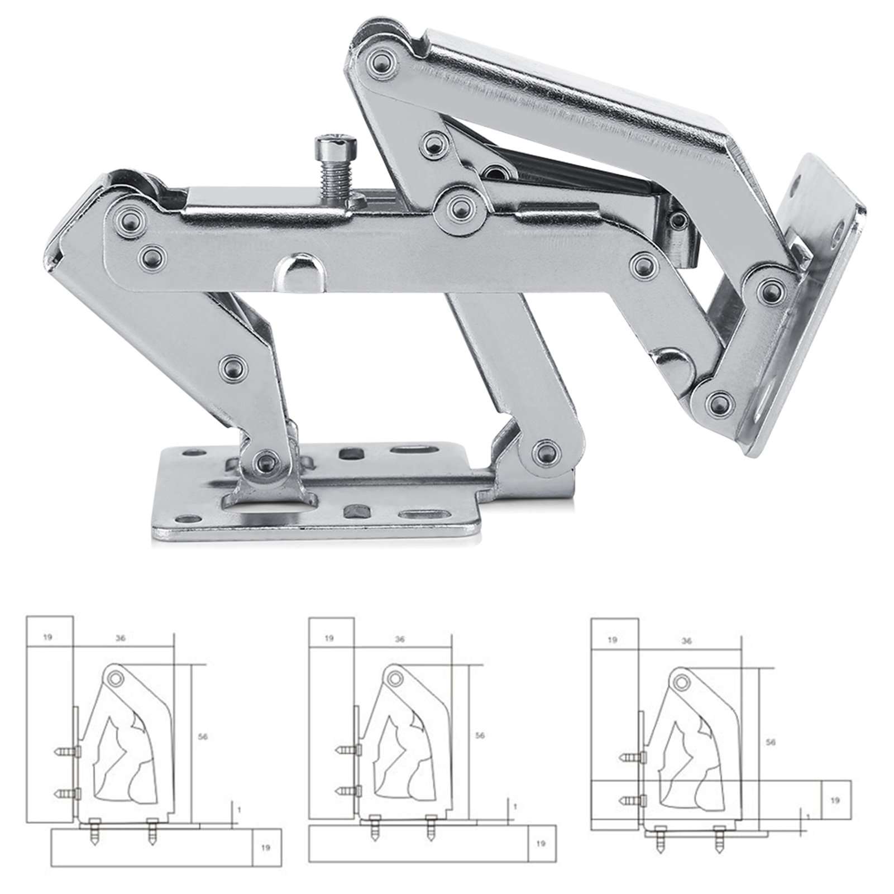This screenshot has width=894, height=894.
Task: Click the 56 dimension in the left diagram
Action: (203, 737)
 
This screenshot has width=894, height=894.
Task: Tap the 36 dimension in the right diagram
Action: (687, 641)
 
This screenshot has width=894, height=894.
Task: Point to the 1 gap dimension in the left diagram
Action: (239, 823)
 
